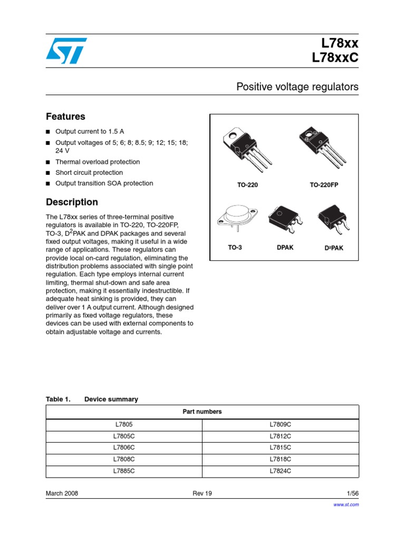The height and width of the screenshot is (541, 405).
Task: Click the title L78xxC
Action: (x=335, y=58)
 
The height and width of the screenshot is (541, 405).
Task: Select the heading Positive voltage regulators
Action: (x=297, y=87)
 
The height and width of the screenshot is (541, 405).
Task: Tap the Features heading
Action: (x=65, y=117)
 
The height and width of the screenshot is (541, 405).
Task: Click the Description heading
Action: (x=72, y=202)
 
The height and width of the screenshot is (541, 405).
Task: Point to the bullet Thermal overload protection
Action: (x=98, y=162)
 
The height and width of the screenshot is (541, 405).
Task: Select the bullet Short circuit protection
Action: (x=89, y=173)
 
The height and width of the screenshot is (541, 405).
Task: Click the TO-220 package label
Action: (x=247, y=185)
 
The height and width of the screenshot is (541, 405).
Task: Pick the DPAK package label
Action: (x=285, y=247)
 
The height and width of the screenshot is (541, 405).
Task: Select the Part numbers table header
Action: (x=202, y=412)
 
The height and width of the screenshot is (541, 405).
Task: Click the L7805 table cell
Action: (x=124, y=425)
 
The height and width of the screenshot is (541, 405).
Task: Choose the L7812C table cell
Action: (x=280, y=436)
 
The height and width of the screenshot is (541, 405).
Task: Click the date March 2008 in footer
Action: (x=62, y=493)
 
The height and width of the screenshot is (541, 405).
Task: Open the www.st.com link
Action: (x=346, y=505)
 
